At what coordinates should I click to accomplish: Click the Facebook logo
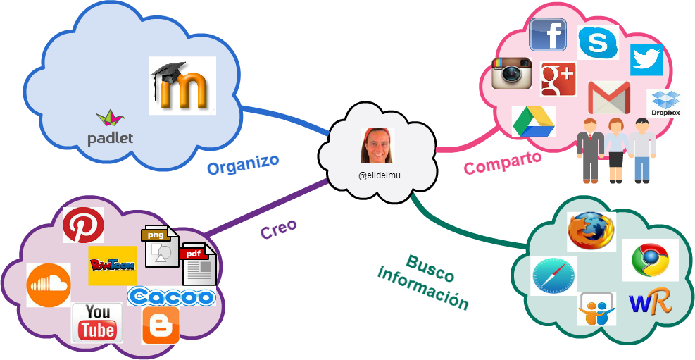(548, 35)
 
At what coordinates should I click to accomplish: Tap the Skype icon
(597, 43)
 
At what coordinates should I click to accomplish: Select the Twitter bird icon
(646, 59)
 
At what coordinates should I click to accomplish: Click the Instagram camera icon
(511, 74)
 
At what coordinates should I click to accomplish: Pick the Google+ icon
(558, 79)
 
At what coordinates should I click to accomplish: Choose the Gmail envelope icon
(609, 97)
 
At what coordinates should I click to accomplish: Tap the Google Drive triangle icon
(533, 121)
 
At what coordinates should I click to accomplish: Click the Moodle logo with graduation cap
(182, 85)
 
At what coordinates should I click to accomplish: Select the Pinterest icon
(83, 225)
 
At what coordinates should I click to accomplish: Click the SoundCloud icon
(49, 285)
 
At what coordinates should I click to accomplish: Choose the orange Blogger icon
(161, 325)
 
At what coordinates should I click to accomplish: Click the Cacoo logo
(171, 297)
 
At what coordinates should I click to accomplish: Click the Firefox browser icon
(591, 231)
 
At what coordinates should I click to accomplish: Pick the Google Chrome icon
(650, 260)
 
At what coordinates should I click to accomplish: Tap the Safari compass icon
(553, 275)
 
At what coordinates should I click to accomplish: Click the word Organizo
(242, 165)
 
